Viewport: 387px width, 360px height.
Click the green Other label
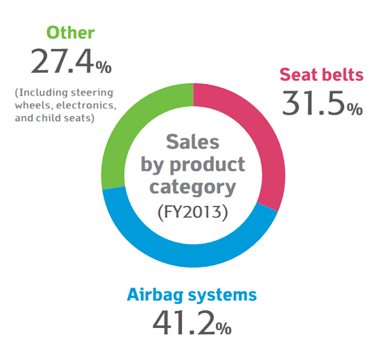pyautogui.click(x=70, y=33)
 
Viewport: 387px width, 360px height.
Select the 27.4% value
pyautogui.click(x=71, y=61)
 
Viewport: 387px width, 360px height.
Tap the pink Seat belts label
pyautogui.click(x=322, y=74)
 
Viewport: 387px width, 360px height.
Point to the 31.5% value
pyautogui.click(x=322, y=103)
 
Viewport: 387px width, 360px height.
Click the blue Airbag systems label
pyautogui.click(x=191, y=295)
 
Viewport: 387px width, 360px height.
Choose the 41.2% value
pyautogui.click(x=192, y=322)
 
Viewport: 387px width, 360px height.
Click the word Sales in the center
pyautogui.click(x=193, y=142)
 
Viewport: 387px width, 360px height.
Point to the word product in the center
pyautogui.click(x=208, y=165)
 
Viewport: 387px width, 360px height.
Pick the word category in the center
pyautogui.click(x=193, y=187)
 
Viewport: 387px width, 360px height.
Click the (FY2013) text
pyautogui.click(x=193, y=212)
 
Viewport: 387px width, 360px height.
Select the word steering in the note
pyautogui.click(x=92, y=93)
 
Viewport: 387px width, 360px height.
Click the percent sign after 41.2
pyautogui.click(x=223, y=329)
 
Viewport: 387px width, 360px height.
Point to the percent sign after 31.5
pyautogui.click(x=355, y=109)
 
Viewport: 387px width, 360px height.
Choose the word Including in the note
pyautogui.click(x=42, y=93)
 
